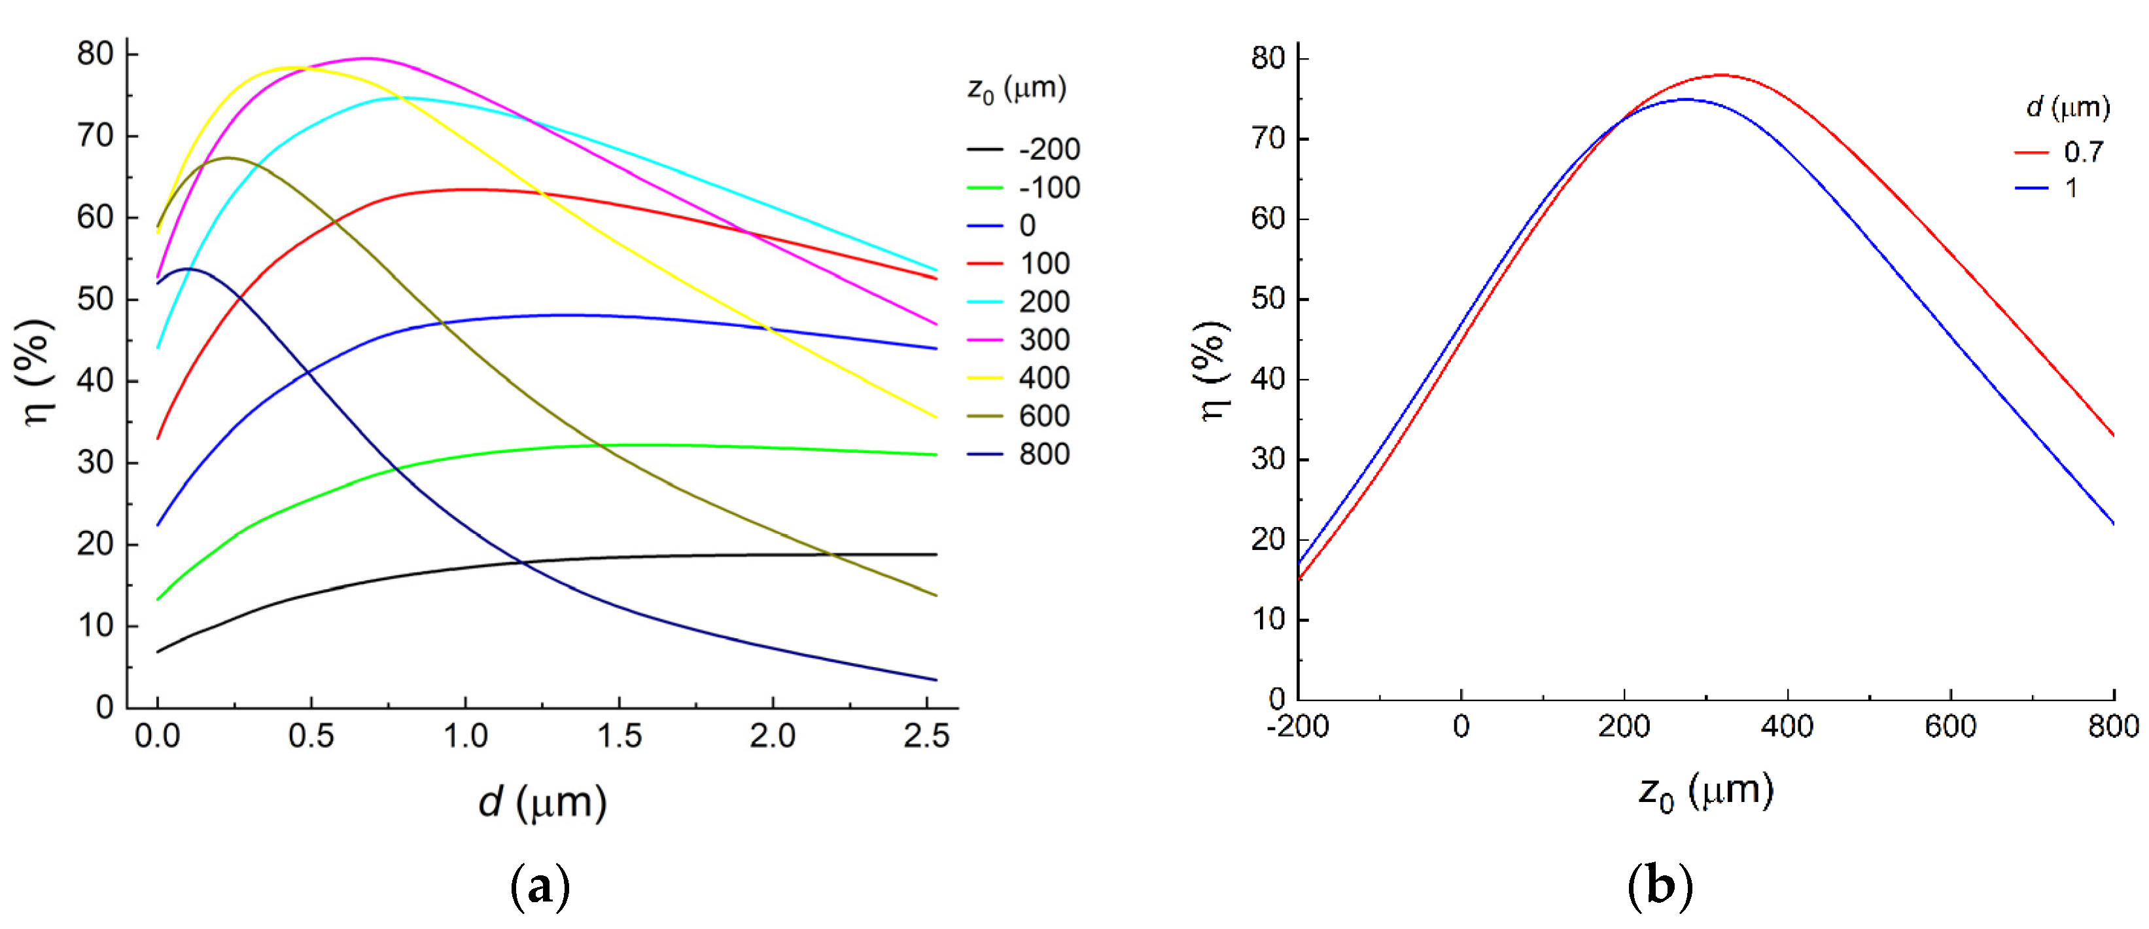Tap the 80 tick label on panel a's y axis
click(x=94, y=54)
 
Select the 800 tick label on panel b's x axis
click(x=2113, y=727)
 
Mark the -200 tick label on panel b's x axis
click(x=1298, y=727)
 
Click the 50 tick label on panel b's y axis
click(x=1268, y=299)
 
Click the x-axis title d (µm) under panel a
click(x=542, y=802)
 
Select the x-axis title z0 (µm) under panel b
click(x=1705, y=792)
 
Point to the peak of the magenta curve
click(x=367, y=58)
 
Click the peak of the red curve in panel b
click(x=1721, y=75)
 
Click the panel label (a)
click(x=540, y=886)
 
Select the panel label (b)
click(x=1660, y=886)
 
